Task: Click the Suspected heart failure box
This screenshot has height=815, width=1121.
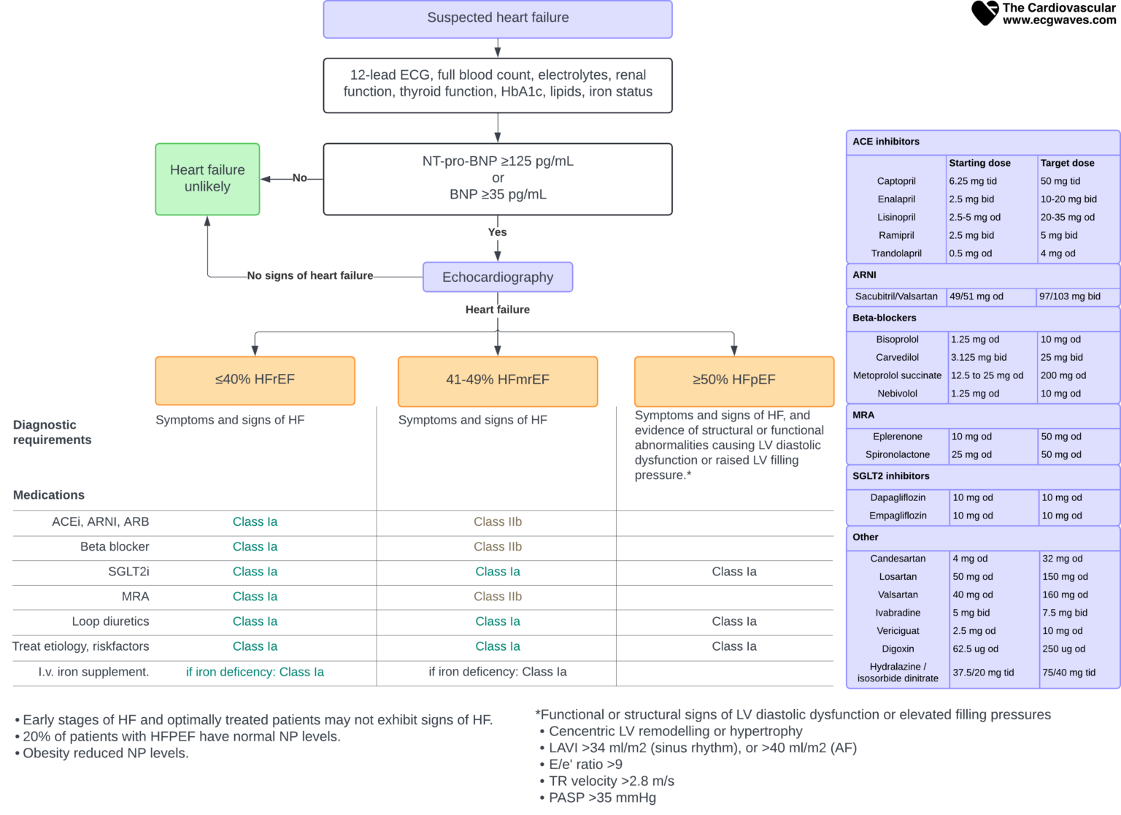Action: coord(498,18)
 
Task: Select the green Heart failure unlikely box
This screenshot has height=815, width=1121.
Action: coord(207,179)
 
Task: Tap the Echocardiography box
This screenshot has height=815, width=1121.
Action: coord(498,278)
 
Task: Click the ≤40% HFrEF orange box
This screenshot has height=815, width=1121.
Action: coord(255,380)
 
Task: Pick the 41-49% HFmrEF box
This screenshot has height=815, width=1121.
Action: coord(498,380)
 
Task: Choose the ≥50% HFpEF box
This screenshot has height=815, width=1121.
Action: coord(734,380)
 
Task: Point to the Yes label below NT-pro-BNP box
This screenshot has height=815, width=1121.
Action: coord(497,232)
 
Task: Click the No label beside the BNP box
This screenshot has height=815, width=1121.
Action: coord(299,177)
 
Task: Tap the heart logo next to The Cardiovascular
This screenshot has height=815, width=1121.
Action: coord(985,12)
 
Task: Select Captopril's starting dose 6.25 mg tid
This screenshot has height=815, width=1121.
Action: coord(973,181)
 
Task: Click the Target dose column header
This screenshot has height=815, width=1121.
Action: coord(1067,163)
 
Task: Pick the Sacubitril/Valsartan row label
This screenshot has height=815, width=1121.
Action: coord(896,296)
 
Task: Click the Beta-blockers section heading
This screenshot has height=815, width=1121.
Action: coord(884,318)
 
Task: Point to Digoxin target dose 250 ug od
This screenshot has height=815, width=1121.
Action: coord(1063,648)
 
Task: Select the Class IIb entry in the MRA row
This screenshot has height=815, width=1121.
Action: coord(498,597)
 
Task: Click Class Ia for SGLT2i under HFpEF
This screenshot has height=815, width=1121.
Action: coord(734,572)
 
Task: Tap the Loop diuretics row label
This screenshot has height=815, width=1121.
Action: coord(110,621)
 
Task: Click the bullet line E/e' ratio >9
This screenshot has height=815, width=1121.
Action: coord(585,765)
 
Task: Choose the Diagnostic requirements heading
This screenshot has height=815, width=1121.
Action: coord(53,432)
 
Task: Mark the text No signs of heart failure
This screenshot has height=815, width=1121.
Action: coord(310,275)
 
